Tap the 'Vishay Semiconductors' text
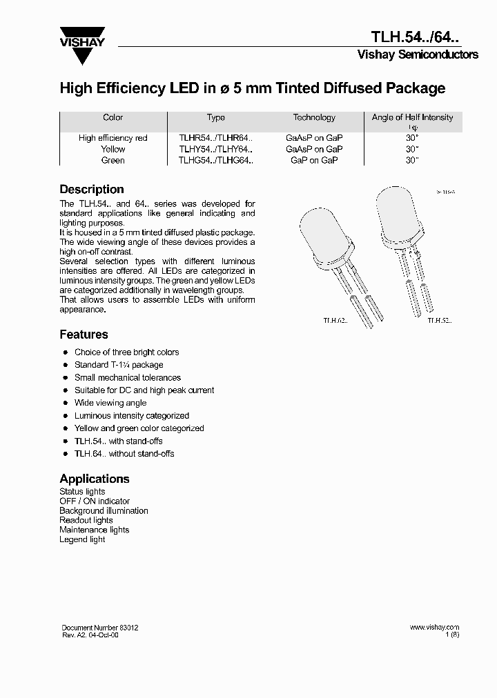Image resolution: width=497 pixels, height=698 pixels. click(x=417, y=54)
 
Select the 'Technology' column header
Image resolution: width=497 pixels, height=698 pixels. click(x=314, y=117)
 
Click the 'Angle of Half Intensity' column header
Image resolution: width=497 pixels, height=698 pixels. click(x=412, y=117)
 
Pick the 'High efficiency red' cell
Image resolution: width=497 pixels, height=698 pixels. click(x=113, y=138)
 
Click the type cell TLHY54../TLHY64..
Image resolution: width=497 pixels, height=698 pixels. click(x=216, y=149)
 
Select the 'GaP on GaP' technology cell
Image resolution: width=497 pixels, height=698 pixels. click(x=314, y=160)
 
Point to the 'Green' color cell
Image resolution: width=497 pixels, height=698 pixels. click(x=113, y=160)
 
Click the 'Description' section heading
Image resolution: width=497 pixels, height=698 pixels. click(x=92, y=189)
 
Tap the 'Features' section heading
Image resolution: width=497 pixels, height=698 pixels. click(x=84, y=335)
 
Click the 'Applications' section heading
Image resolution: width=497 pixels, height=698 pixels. click(x=95, y=479)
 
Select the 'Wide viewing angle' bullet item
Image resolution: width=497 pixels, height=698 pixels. click(x=110, y=403)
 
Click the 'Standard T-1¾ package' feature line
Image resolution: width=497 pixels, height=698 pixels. click(x=119, y=365)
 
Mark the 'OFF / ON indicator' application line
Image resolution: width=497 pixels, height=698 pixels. click(x=95, y=501)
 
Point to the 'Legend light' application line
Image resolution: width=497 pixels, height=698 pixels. click(x=82, y=539)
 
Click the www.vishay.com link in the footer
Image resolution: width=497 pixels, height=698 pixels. click(x=434, y=628)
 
